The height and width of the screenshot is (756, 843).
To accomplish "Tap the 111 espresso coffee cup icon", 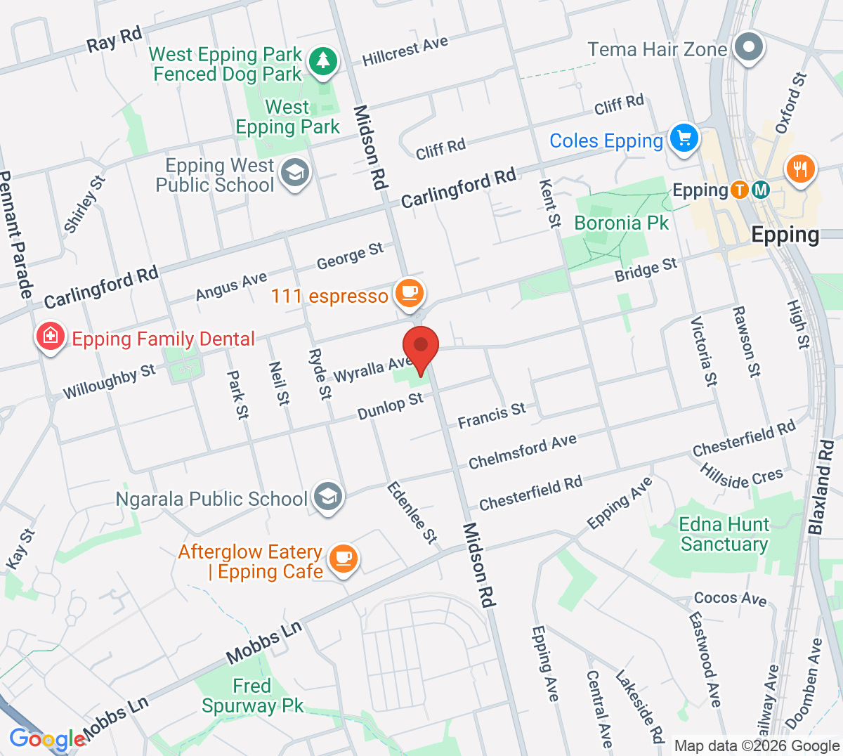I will [x=410, y=292].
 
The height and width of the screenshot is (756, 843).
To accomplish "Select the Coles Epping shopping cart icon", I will [x=684, y=137].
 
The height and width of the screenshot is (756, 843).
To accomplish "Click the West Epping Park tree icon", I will [x=323, y=60].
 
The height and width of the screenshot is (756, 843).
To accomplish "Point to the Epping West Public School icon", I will [x=294, y=173].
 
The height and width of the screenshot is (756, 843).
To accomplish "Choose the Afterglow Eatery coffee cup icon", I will [x=343, y=559].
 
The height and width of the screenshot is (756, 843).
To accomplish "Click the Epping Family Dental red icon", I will [x=51, y=337].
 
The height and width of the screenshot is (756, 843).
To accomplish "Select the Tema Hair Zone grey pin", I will [x=749, y=48].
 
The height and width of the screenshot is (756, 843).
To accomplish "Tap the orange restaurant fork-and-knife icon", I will [x=799, y=169].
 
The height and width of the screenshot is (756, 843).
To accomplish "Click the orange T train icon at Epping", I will [x=739, y=190].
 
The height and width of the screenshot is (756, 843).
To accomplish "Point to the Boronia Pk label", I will [x=621, y=223].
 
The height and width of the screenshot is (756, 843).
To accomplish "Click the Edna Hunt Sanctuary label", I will [x=724, y=534].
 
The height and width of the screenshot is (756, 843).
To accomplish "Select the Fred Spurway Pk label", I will [x=252, y=696].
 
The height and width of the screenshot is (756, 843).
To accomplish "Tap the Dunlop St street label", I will [x=390, y=406].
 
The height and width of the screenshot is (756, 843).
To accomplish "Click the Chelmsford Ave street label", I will [x=523, y=451].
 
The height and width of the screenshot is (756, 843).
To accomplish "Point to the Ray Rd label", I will [x=114, y=39].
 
